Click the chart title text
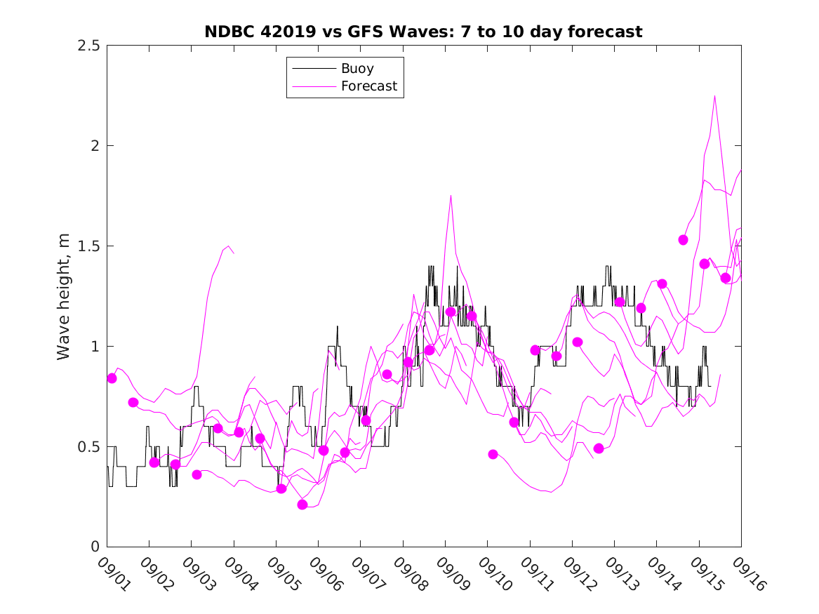tap(423, 32)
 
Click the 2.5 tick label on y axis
tap(88, 46)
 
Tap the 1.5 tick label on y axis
tap(88, 246)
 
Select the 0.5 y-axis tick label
tap(88, 447)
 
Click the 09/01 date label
tap(112, 574)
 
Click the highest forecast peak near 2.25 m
tap(714, 96)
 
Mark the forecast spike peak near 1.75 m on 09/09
tap(451, 195)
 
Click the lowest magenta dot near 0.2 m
tap(302, 505)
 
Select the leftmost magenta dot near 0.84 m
tap(112, 378)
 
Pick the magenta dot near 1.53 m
tap(683, 240)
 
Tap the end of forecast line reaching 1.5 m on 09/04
tap(234, 253)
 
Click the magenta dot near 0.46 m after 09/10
tap(493, 454)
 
